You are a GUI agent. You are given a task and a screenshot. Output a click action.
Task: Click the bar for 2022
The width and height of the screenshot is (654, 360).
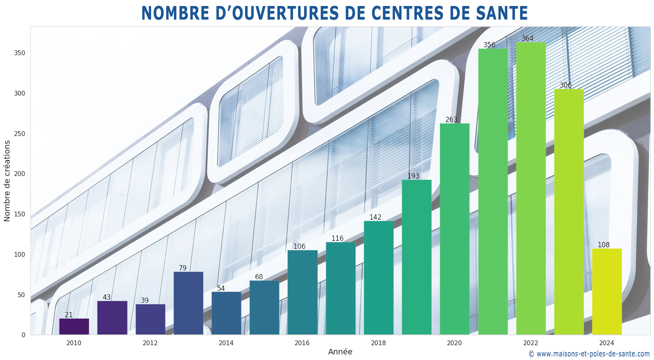pyautogui.click(x=530, y=188)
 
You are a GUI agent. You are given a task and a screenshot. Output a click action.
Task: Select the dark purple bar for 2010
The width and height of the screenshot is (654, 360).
pyautogui.click(x=74, y=326)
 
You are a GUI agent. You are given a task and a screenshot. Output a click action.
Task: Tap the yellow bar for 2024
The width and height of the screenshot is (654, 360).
pyautogui.click(x=606, y=292)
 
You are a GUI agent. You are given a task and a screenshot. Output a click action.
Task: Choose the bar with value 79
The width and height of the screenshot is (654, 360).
pyautogui.click(x=188, y=303)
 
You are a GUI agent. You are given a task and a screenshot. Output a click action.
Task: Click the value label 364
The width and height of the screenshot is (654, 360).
pyautogui.click(x=527, y=39)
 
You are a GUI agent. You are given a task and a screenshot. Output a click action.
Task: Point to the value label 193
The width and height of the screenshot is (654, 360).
pyautogui.click(x=413, y=176)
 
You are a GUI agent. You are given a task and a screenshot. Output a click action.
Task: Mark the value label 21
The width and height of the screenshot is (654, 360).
pyautogui.click(x=69, y=315)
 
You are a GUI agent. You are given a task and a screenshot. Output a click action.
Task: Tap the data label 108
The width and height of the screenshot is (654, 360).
pyautogui.click(x=603, y=245)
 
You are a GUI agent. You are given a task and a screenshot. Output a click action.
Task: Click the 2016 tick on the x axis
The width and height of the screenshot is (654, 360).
pyautogui.click(x=302, y=343)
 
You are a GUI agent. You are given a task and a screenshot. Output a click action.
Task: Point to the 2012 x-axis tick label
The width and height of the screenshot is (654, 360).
pyautogui.click(x=150, y=343)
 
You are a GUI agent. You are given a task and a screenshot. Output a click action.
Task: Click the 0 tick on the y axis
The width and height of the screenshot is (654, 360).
pyautogui.click(x=23, y=335)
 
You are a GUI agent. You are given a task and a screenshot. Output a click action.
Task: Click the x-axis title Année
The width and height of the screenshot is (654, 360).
pyautogui.click(x=340, y=352)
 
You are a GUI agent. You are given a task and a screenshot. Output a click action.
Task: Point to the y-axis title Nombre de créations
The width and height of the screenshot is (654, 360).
pyautogui.click(x=7, y=181)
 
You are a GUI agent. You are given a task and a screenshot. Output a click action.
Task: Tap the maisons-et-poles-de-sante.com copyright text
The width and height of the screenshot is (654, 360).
pyautogui.click(x=589, y=354)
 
